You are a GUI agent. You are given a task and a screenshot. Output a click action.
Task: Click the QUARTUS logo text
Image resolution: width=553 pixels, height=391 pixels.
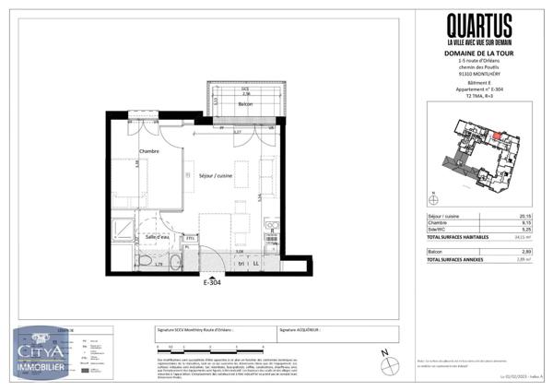479,25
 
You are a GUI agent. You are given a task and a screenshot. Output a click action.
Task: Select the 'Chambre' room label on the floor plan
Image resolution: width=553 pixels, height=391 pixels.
149,151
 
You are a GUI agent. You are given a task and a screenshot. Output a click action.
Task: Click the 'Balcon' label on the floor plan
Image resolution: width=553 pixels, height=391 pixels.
244,105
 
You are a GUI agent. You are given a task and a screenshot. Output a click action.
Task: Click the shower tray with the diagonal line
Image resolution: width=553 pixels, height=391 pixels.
121,233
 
